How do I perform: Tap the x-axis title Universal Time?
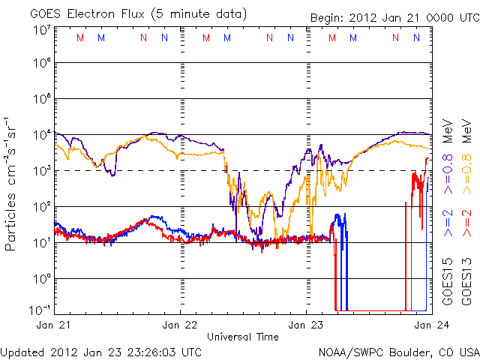point(242,337)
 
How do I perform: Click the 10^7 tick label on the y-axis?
point(41,30)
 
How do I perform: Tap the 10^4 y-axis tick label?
point(41,135)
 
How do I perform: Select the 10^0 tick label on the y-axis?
point(41,278)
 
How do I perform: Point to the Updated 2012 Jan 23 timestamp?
point(101,351)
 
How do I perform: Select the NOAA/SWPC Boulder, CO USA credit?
point(398,351)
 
